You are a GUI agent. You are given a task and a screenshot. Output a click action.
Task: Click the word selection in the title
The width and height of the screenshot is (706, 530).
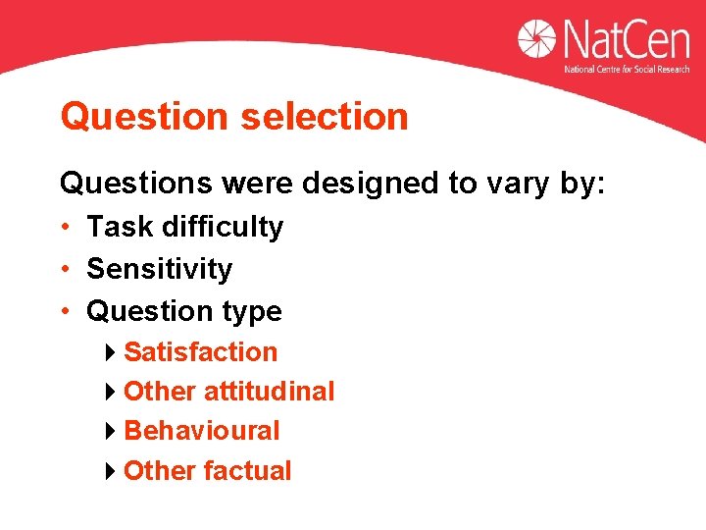coord(324,117)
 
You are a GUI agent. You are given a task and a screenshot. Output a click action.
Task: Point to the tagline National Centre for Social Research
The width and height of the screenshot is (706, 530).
coord(626,70)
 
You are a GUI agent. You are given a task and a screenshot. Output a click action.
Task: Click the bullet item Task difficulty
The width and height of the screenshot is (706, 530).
coord(184,228)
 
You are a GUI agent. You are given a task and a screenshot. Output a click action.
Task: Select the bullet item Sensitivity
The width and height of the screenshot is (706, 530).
coord(159,269)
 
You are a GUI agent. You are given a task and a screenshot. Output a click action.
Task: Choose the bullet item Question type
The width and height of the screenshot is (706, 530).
coord(183,312)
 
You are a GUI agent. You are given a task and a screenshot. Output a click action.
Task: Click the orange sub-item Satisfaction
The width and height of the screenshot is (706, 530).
coord(200,352)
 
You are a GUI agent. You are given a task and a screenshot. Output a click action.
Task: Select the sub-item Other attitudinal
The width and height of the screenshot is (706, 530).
coord(228,392)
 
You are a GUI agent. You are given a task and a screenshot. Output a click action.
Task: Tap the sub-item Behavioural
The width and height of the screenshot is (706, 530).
coord(201,431)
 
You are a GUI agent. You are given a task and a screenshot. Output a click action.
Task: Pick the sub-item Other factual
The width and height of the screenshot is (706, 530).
coord(207,471)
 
